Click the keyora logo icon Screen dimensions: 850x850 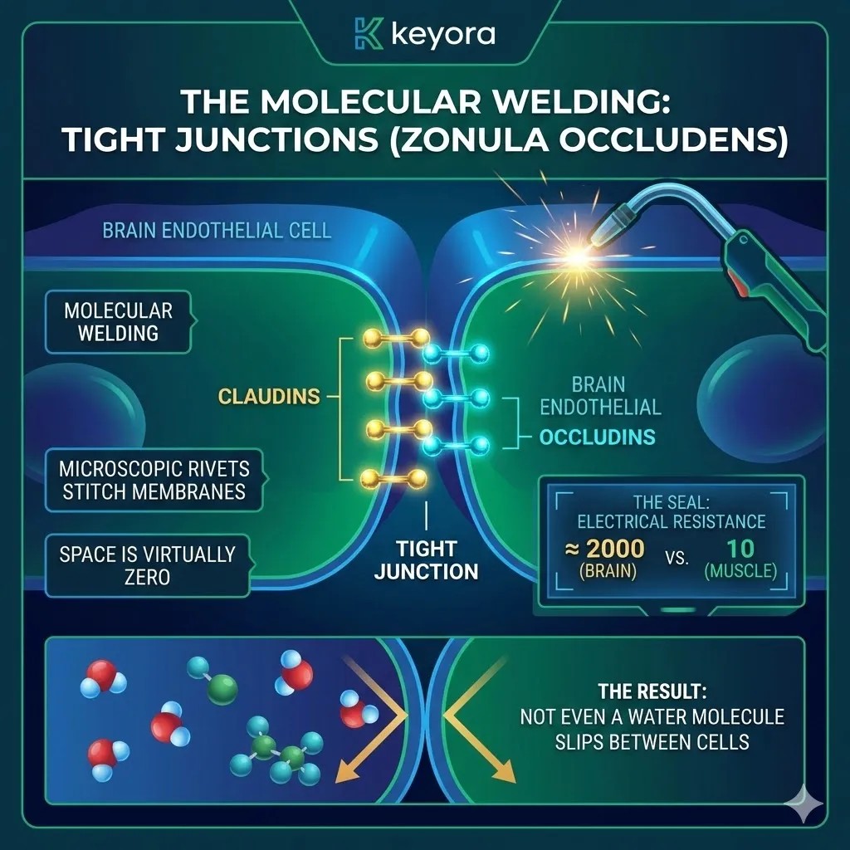coord(366,34)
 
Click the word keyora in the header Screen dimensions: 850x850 coord(442,35)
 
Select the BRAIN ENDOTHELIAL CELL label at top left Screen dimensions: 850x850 coord(217,230)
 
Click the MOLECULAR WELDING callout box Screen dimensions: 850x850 coord(119,322)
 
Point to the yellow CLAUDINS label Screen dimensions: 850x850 coord(269,397)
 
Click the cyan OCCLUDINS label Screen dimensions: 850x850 coord(598,437)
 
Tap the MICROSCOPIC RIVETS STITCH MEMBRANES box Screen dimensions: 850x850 coord(152,479)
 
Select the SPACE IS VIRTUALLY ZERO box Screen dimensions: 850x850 coord(147,565)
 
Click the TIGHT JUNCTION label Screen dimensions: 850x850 coord(426,560)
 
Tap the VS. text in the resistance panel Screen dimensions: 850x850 coord(676,559)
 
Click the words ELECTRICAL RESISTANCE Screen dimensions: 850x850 coord(671,522)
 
